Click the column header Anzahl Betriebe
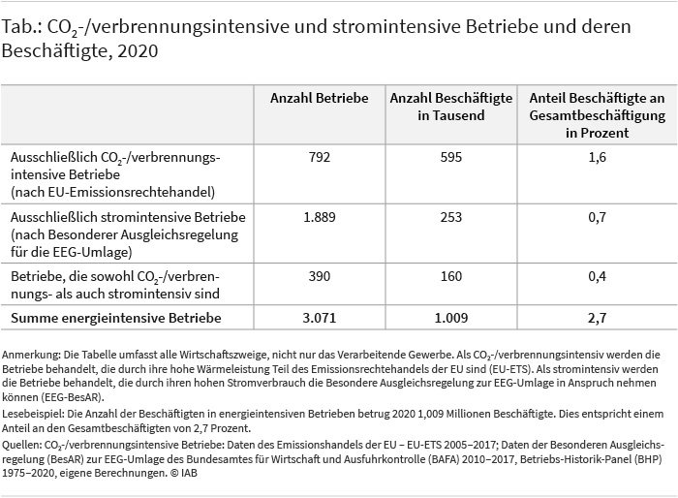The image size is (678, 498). [319, 98]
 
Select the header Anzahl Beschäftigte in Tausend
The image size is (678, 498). [451, 107]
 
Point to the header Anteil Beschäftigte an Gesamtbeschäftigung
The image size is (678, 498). [598, 115]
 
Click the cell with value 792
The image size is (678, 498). [320, 157]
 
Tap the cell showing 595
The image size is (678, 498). [451, 157]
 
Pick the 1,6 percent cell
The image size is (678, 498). [598, 157]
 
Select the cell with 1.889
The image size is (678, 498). [319, 217]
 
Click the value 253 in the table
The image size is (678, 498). [451, 217]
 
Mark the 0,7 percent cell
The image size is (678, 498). [598, 217]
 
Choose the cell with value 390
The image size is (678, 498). [320, 276]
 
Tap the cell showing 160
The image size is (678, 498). [451, 276]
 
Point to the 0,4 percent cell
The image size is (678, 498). [598, 276]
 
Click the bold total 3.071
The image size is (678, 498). [319, 318]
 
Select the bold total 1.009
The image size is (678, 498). [451, 318]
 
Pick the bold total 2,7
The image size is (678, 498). [598, 318]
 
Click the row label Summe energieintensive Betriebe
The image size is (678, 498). [116, 318]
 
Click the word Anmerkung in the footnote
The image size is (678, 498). [31, 355]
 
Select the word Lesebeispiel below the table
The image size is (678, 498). [33, 414]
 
